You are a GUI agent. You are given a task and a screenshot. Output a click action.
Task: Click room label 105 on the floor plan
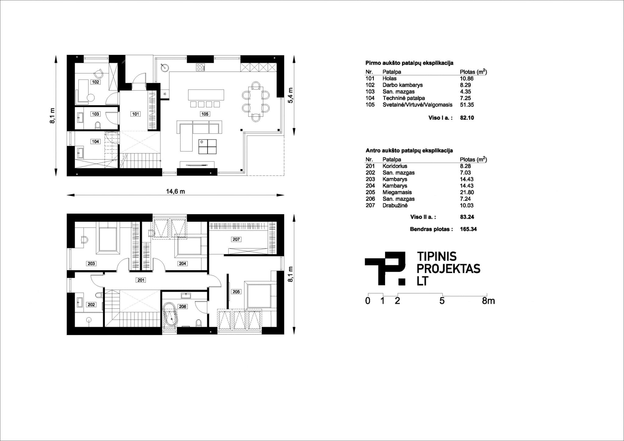[205, 114]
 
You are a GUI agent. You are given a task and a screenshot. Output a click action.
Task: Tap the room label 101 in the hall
[136, 114]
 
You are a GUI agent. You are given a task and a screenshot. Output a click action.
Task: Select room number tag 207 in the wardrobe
[236, 239]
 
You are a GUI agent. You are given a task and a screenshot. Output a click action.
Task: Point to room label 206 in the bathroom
[183, 306]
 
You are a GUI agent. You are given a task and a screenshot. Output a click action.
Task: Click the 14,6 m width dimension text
[175, 192]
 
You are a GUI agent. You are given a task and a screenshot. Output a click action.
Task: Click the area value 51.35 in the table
[466, 105]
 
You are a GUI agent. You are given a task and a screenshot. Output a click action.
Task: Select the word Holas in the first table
[389, 79]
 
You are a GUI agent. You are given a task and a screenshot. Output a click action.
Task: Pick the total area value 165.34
[468, 229]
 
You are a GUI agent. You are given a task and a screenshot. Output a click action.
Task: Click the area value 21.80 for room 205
[467, 192]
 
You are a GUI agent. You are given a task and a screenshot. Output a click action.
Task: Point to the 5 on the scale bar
[442, 301]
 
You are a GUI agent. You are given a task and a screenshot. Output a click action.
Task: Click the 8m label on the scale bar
[488, 301]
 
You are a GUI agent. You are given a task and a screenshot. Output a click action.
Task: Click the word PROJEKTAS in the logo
[448, 269]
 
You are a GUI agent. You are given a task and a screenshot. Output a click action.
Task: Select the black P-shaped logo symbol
[385, 268]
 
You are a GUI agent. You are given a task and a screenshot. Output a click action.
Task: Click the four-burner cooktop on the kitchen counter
[200, 67]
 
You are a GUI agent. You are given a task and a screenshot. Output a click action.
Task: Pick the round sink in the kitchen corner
[165, 67]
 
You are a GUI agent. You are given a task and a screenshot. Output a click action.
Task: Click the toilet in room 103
[97, 125]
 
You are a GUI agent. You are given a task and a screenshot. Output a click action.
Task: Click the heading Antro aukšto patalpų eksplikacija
[409, 150]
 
